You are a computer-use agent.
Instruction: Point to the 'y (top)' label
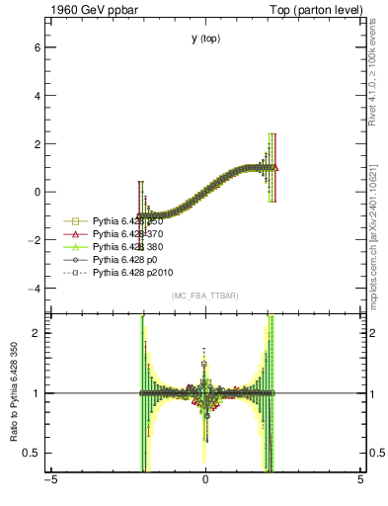[206, 39]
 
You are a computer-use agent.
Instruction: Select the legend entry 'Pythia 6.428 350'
[129, 220]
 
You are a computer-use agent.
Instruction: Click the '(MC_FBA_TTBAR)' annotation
[205, 295]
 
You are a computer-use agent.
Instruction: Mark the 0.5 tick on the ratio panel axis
[33, 453]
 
